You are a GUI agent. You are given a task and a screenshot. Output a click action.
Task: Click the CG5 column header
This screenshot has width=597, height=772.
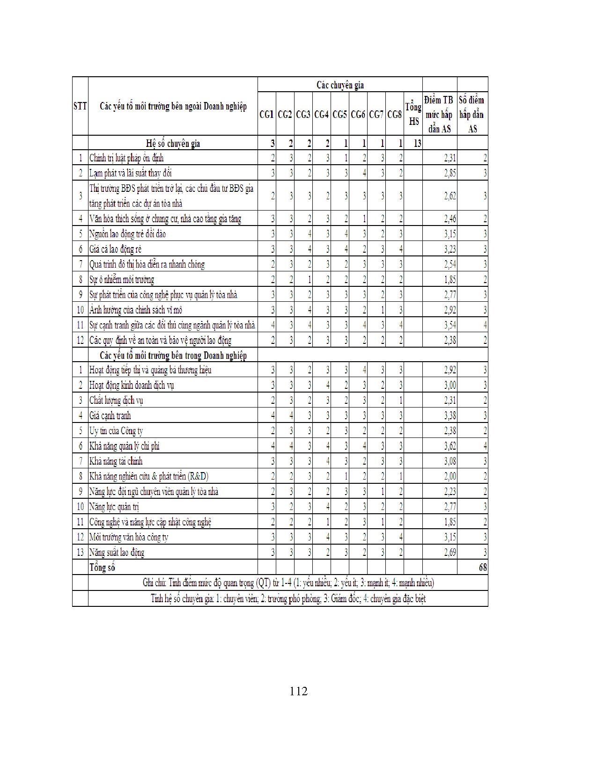pyautogui.click(x=339, y=114)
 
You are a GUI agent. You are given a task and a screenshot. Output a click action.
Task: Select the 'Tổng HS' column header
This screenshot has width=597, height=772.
pyautogui.click(x=413, y=114)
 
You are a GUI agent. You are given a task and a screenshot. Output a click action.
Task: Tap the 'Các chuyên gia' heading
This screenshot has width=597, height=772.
pyautogui.click(x=340, y=85)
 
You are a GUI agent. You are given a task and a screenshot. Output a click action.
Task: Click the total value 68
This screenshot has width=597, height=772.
pyautogui.click(x=483, y=568)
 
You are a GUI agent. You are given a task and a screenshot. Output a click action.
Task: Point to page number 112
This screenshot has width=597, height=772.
pyautogui.click(x=299, y=691)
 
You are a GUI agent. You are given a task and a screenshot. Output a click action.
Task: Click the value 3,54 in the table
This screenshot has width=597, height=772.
pyautogui.click(x=450, y=325)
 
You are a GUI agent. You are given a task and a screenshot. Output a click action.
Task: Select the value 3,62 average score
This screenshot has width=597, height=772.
pyautogui.click(x=450, y=446)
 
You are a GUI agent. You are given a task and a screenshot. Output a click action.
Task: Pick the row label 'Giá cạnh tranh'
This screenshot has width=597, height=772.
pyautogui.click(x=110, y=415)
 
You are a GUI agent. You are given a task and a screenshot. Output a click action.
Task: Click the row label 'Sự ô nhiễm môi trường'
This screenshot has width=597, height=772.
pyautogui.click(x=122, y=280)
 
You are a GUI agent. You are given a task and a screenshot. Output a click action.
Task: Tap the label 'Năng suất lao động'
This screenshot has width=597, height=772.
pyautogui.click(x=117, y=552)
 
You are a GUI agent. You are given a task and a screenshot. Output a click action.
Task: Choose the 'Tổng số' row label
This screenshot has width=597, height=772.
pyautogui.click(x=102, y=568)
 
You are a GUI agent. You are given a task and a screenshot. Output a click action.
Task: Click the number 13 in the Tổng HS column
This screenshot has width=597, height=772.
pyautogui.click(x=417, y=143)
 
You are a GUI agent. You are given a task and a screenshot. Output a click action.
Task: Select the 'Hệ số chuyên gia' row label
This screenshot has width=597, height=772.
pyautogui.click(x=173, y=143)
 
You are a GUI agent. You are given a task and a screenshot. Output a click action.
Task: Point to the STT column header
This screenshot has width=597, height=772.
pyautogui.click(x=80, y=106)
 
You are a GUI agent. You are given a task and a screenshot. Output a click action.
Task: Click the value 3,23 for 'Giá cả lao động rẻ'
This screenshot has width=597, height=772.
pyautogui.click(x=450, y=249)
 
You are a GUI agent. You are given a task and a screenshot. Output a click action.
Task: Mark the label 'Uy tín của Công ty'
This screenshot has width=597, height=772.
pyautogui.click(x=116, y=431)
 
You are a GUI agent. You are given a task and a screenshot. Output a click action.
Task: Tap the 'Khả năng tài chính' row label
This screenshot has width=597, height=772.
pyautogui.click(x=116, y=461)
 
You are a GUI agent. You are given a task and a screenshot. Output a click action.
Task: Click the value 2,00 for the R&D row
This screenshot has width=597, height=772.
pyautogui.click(x=450, y=476)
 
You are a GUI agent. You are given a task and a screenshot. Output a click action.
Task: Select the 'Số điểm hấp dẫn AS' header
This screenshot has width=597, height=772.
pyautogui.click(x=472, y=114)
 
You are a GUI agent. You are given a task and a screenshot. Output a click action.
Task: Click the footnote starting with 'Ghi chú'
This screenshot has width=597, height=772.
pyautogui.click(x=288, y=583)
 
